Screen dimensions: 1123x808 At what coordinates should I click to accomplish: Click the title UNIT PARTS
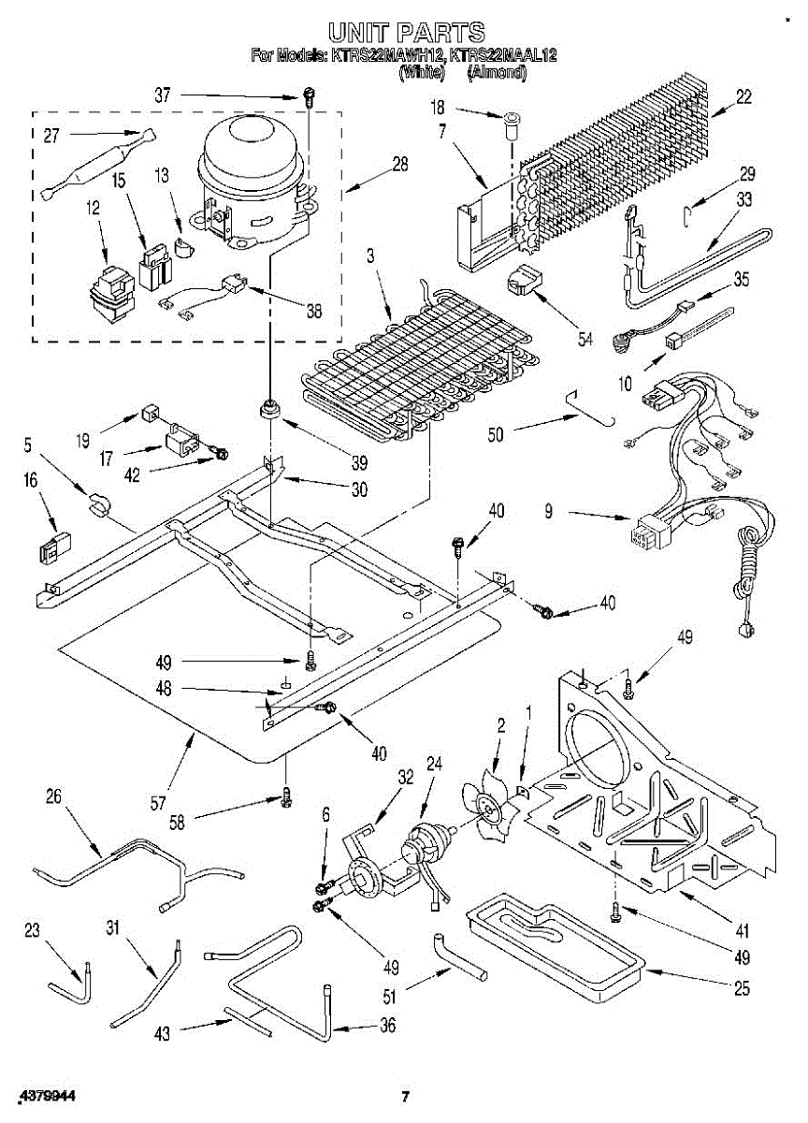(404, 33)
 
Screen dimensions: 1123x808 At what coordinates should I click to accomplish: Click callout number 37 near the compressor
(163, 95)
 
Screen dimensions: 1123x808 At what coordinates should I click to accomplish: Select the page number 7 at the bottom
(405, 1097)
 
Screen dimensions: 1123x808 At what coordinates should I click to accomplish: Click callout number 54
(586, 339)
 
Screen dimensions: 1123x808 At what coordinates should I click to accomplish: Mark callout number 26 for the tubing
(53, 796)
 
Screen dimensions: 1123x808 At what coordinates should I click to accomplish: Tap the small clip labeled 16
(55, 547)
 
